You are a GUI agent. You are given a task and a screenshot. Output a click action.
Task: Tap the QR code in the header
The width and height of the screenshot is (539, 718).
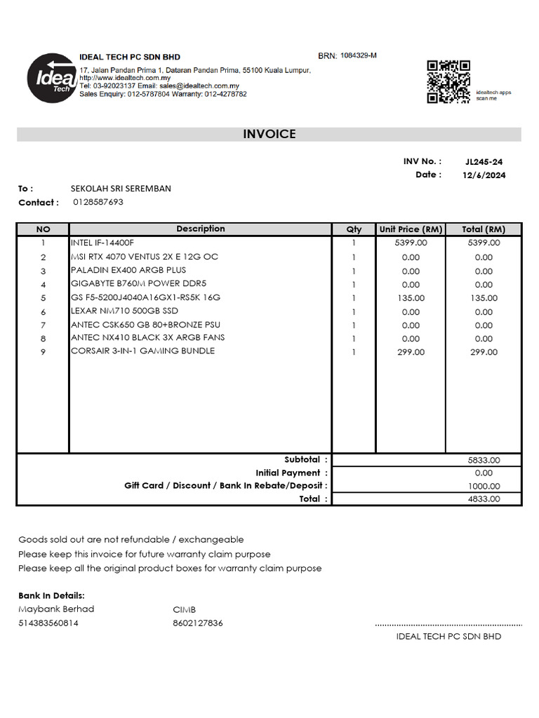448,81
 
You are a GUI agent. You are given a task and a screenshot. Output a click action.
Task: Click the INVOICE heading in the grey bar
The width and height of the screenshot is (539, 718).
269,134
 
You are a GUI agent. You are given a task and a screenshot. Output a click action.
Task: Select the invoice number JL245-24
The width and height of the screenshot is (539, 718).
484,162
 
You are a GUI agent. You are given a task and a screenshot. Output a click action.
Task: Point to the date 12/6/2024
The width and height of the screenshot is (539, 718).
484,175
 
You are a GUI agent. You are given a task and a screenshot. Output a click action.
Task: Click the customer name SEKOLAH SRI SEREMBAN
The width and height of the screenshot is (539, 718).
121,189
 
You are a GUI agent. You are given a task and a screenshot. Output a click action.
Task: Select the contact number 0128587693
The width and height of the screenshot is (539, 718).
98,202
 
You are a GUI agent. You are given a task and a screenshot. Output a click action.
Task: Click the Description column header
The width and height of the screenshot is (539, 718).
201,229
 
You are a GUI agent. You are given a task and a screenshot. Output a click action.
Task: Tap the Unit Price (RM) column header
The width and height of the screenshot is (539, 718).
411,229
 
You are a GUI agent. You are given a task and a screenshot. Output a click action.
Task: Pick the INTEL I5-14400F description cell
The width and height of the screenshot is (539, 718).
102,243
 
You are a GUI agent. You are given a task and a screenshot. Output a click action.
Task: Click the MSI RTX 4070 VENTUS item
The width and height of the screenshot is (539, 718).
145,257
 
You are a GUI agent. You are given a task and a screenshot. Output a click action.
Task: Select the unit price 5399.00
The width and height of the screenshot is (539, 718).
411,243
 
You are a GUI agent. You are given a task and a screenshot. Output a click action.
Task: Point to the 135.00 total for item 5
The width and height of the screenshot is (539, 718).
484,298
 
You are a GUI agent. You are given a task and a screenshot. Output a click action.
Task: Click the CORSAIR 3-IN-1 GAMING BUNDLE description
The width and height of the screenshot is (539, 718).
143,351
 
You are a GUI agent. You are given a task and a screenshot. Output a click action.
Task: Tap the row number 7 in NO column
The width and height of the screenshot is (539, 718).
43,325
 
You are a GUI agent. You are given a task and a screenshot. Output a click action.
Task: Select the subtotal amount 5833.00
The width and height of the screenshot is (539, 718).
484,461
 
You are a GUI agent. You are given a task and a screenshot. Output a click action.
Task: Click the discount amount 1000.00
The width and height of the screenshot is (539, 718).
484,486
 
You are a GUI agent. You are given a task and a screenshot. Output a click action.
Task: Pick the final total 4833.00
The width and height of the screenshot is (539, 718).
484,499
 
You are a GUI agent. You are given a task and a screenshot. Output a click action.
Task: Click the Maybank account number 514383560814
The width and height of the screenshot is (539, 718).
48,623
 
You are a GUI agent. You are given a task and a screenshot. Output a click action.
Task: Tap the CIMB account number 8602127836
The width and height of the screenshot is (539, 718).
198,623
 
